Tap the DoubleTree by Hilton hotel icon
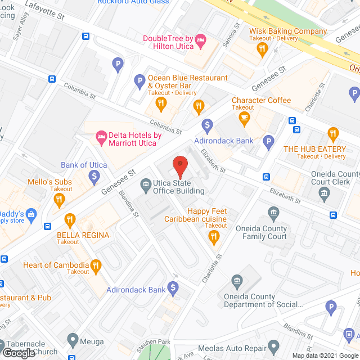[x=201, y=39]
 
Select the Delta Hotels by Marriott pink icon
[x=101, y=136]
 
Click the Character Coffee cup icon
[x=244, y=117]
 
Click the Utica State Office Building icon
[x=146, y=183]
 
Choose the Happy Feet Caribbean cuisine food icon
[x=213, y=237]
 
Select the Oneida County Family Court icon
[x=274, y=213]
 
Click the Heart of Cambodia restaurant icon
[x=96, y=265]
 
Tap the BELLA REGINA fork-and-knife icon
[x=70, y=219]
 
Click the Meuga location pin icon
[x=73, y=340]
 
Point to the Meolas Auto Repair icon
[x=274, y=345]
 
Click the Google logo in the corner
[x=18, y=353]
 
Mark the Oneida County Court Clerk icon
[x=325, y=195]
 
